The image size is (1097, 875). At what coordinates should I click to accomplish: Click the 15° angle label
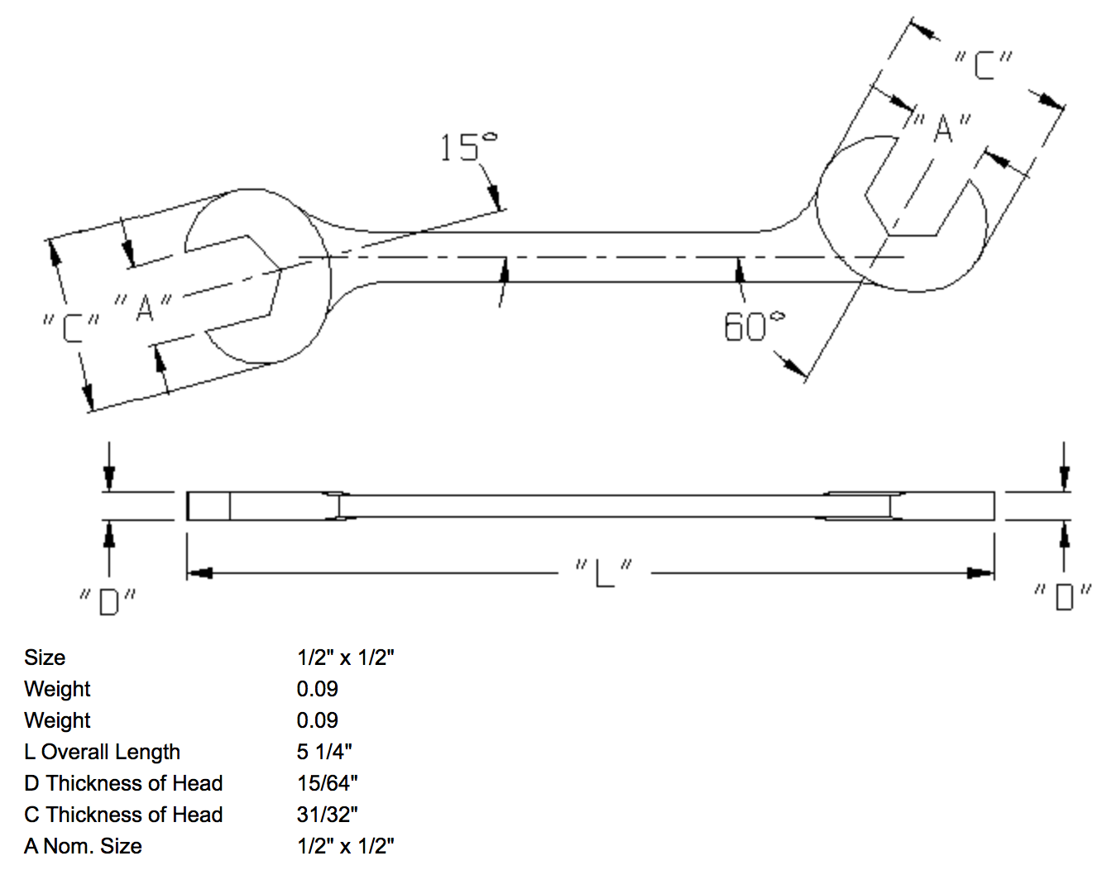[467, 147]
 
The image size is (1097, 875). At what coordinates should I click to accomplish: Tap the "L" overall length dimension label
[604, 571]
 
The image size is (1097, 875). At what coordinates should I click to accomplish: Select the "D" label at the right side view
[1062, 595]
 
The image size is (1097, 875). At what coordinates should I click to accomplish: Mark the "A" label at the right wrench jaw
[941, 128]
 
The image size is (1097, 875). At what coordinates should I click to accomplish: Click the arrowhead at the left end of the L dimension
[201, 572]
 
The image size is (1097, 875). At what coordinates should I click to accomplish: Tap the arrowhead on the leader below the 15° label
[495, 198]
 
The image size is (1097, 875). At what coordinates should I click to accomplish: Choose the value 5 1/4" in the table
[324, 752]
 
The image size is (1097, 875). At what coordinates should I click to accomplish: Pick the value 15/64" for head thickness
[327, 783]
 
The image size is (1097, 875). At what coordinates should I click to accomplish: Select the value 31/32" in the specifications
[327, 815]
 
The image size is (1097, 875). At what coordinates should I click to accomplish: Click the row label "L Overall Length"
[103, 752]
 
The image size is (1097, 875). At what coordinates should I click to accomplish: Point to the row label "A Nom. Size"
[83, 846]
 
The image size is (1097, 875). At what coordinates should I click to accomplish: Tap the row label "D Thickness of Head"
[123, 783]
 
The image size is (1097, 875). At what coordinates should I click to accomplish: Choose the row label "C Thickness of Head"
[123, 815]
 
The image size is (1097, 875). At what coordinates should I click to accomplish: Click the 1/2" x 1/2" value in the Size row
[345, 657]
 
